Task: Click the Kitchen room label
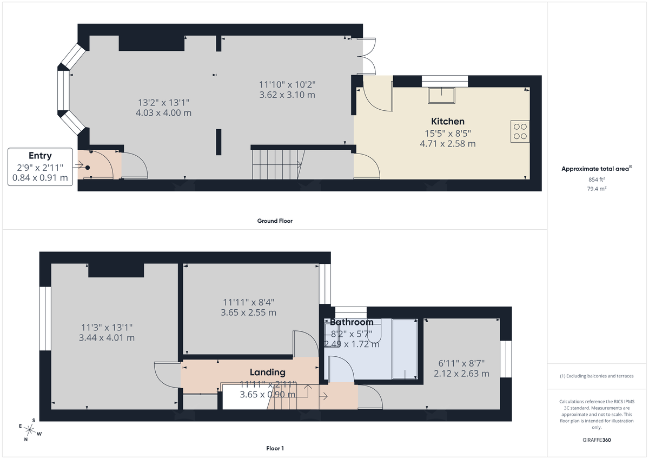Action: tap(447, 121)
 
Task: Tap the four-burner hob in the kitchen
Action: tap(519, 131)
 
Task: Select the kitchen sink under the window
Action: tap(442, 95)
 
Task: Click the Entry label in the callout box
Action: tap(40, 156)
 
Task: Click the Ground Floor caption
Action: tap(275, 221)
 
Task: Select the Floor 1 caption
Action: tap(275, 448)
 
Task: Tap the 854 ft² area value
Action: tap(597, 179)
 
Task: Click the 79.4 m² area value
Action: tap(597, 189)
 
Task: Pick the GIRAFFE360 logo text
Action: tap(597, 440)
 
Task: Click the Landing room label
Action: tap(267, 372)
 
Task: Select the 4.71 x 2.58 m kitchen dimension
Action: tap(447, 143)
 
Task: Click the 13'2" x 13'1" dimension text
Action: tap(164, 102)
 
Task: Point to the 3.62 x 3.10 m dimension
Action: tap(287, 95)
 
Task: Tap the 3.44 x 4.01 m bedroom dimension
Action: tap(107, 338)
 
